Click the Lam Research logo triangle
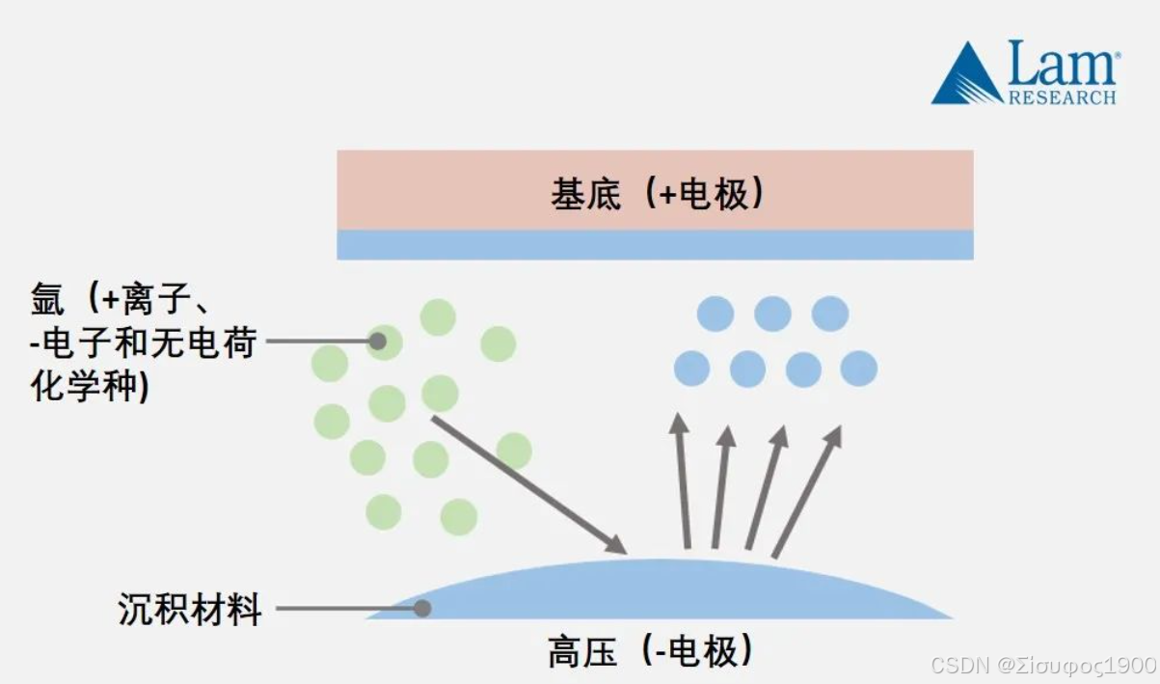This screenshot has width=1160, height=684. (x=967, y=77)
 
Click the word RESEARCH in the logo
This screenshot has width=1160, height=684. (x=1062, y=96)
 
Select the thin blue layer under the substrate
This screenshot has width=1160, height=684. (x=655, y=244)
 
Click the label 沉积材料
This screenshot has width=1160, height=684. (x=190, y=609)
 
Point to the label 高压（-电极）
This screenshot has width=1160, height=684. (x=650, y=652)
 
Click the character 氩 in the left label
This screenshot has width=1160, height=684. (x=49, y=300)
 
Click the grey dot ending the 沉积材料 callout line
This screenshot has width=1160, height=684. (x=421, y=609)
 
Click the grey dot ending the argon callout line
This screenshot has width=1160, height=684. (x=378, y=341)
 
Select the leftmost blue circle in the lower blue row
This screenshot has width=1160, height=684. (x=691, y=369)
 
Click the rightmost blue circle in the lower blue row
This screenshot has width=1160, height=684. (x=859, y=369)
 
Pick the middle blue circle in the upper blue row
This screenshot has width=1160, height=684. (x=772, y=314)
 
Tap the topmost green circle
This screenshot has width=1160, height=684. (x=438, y=317)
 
